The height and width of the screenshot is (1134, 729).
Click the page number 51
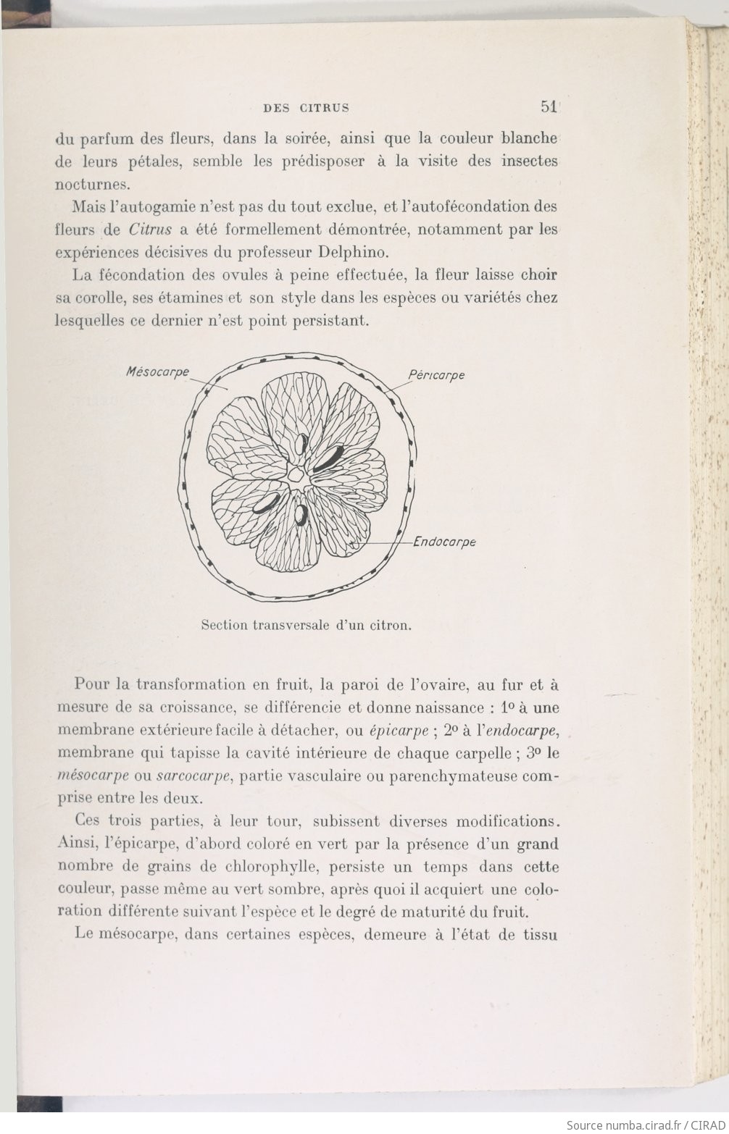point(548,107)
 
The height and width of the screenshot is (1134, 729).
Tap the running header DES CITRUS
point(306,109)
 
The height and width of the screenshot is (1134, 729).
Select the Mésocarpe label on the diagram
point(157,371)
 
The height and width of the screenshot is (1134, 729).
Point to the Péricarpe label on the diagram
point(436,375)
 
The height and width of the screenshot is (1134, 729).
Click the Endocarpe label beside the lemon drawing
point(444,542)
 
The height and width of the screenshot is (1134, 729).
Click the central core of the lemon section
point(296,475)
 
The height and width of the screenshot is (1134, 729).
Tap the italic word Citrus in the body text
point(150,230)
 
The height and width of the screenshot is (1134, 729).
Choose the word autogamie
point(154,206)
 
